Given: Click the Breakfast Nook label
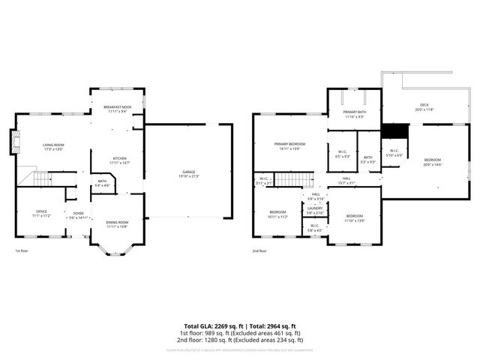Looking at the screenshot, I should pos(118,108).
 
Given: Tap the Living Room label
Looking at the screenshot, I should pos(52,145).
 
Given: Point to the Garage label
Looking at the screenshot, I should pos(188,172).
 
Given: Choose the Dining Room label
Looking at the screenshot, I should pos(117,222).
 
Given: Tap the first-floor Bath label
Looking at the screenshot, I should pos(102,181).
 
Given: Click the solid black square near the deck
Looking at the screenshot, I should pos(394,130).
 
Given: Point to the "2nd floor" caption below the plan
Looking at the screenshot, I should pos(259,251).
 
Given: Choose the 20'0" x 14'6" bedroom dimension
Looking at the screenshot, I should pos(433,164).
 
